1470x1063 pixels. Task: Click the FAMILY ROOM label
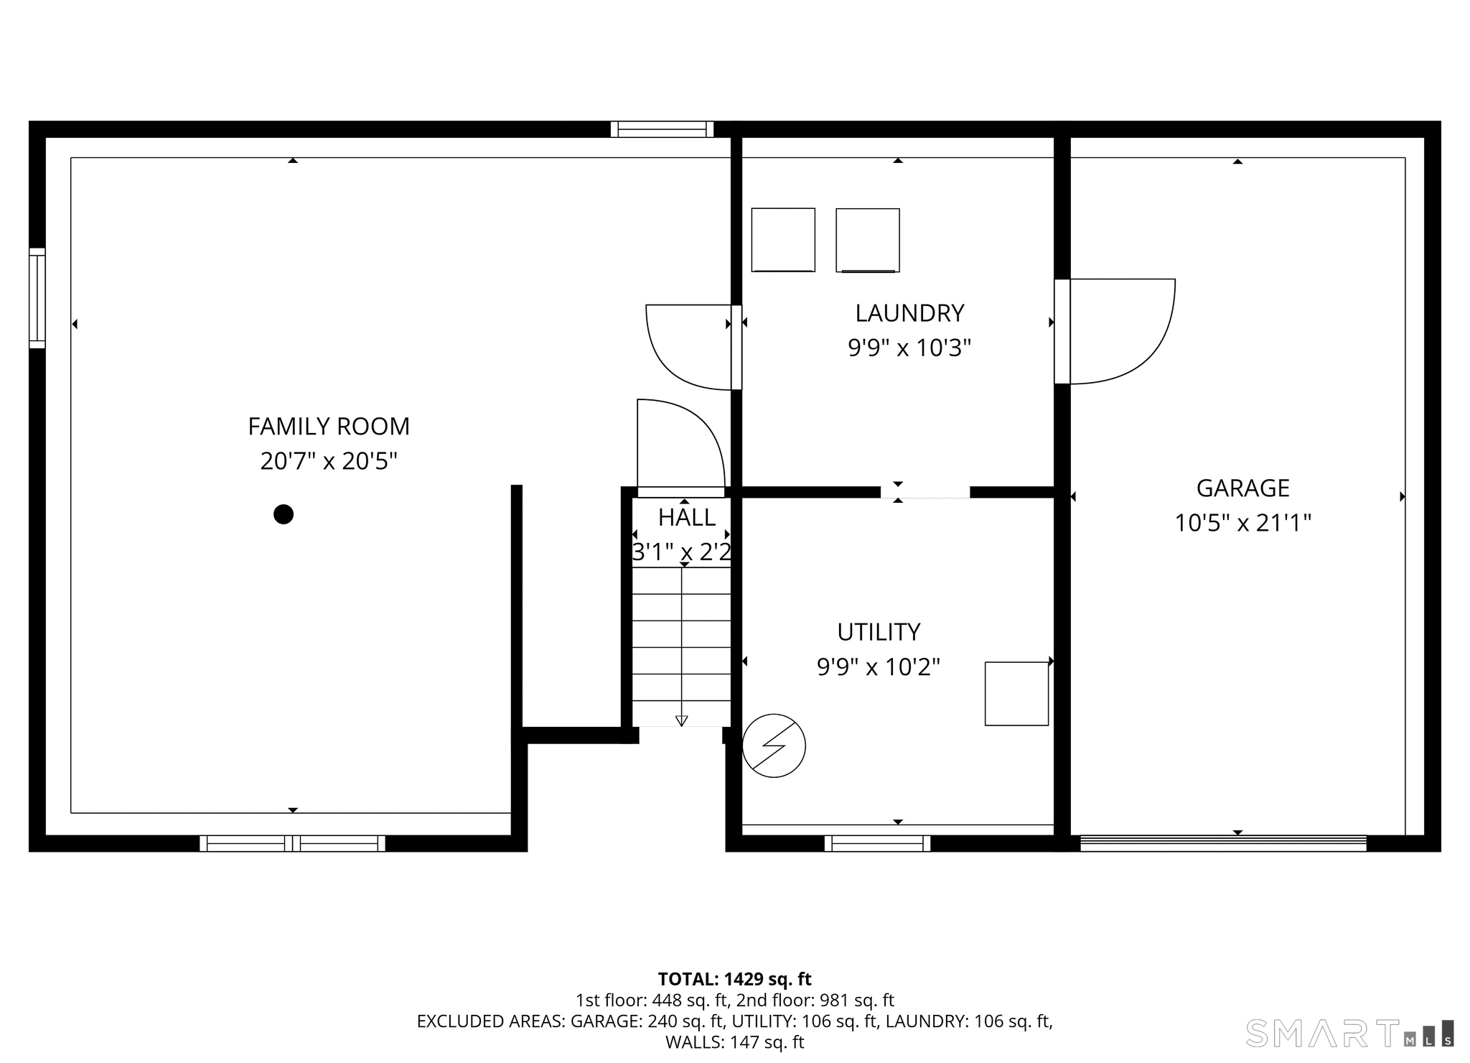[329, 427]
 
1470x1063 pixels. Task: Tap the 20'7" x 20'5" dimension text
[329, 461]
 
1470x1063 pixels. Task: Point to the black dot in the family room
[284, 514]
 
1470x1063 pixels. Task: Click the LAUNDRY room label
[909, 313]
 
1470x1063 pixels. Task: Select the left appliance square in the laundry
[783, 240]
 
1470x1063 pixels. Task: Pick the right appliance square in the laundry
[868, 241]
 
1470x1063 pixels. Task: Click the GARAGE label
[1243, 488]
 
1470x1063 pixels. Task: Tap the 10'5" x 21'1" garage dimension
[1243, 523]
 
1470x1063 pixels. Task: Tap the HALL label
[687, 518]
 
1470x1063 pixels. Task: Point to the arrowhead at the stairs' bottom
[682, 721]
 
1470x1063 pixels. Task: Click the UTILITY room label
[879, 632]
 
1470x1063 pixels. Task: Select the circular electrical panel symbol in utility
[774, 746]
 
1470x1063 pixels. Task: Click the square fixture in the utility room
[1016, 694]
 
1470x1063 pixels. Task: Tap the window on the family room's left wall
[37, 298]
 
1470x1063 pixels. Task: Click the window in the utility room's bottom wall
[877, 843]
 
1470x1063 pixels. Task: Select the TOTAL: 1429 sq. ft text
[735, 979]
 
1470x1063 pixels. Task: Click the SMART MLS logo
[1350, 1034]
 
